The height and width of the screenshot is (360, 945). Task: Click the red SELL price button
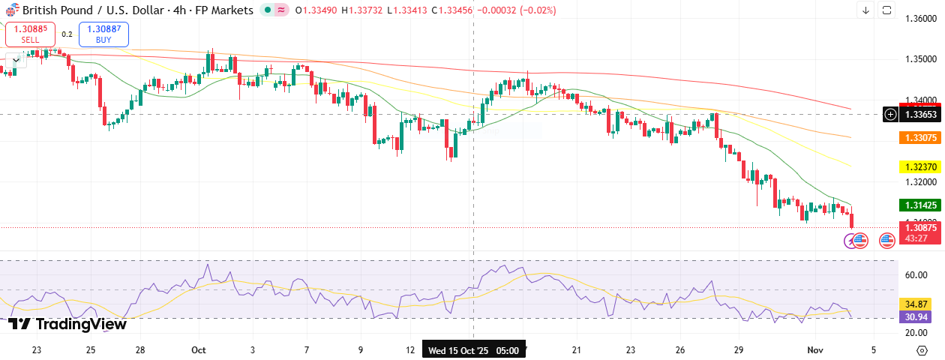click(31, 34)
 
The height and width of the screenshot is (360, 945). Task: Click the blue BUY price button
click(103, 34)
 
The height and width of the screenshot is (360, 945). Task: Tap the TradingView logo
click(67, 324)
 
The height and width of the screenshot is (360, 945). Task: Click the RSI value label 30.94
click(916, 316)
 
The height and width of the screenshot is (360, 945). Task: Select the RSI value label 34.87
click(916, 304)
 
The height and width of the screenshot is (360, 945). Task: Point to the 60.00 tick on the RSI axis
click(916, 275)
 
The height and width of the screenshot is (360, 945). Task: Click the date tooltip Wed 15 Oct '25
click(472, 350)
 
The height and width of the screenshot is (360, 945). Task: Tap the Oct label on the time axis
click(199, 350)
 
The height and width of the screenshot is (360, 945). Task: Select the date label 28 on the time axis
click(140, 350)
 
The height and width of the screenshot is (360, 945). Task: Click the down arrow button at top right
click(865, 10)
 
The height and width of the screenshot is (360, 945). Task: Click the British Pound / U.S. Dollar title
click(90, 10)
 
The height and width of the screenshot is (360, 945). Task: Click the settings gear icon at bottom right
click(921, 350)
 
